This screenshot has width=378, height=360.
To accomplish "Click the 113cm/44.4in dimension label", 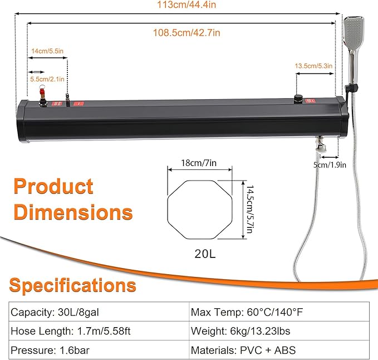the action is [x=186, y=4].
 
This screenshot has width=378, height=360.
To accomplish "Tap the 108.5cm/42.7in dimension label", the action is [x=187, y=32].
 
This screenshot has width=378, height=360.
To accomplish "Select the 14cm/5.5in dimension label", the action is [x=47, y=51].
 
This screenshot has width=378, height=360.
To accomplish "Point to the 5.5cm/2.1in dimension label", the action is [x=47, y=79].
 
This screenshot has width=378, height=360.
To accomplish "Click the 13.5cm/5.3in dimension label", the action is [x=313, y=66].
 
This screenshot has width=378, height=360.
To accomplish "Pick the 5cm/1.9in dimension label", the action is [x=330, y=165].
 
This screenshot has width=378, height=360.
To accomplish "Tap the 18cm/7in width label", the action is [x=199, y=163].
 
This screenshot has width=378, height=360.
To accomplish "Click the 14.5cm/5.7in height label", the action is [x=250, y=209].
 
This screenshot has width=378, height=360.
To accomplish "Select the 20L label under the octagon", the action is [x=205, y=254].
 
